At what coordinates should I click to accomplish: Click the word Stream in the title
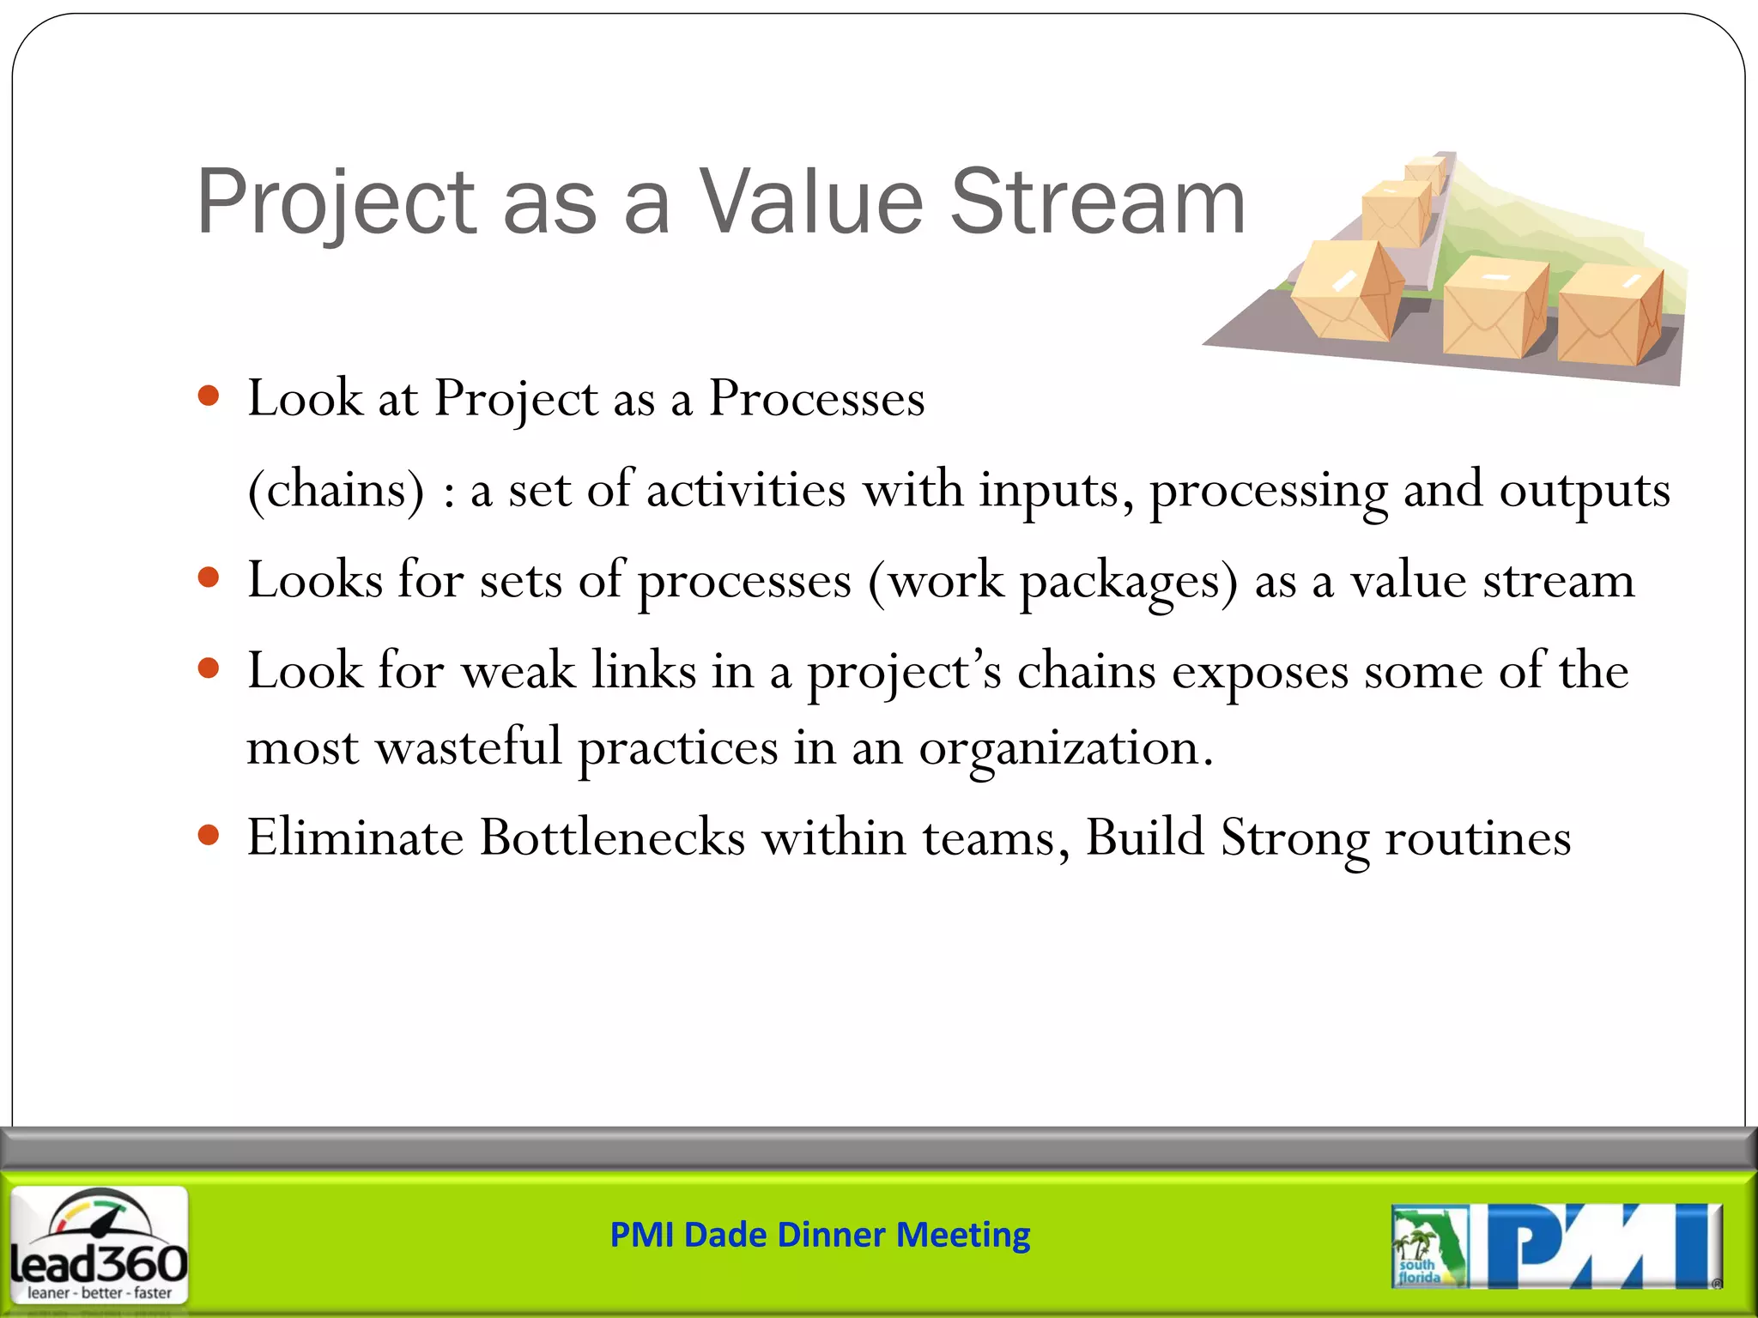1098,203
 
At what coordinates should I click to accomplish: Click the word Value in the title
810,203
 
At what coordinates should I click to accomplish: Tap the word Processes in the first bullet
816,399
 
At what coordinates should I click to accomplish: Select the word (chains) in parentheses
336,490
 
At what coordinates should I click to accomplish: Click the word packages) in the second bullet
1129,581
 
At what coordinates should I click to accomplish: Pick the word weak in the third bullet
518,671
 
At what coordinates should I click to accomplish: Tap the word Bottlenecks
612,837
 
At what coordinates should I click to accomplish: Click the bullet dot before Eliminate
209,834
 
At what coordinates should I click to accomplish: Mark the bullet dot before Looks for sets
209,577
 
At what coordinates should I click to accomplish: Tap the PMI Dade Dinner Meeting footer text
820,1235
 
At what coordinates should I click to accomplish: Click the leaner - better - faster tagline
100,1292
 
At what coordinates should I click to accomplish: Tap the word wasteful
469,747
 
